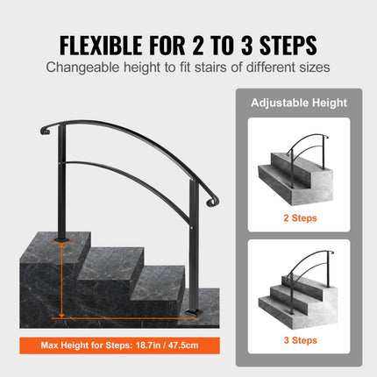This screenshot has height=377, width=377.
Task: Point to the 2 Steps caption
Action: (x=301, y=217)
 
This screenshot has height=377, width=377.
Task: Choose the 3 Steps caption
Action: (x=301, y=339)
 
